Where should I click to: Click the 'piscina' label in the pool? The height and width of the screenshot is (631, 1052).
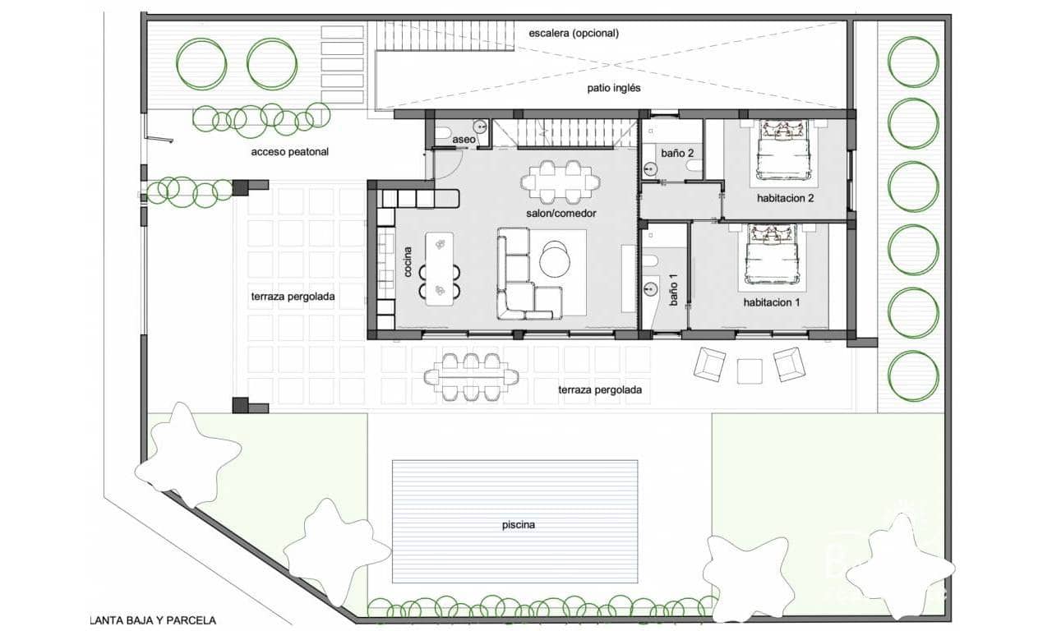[515, 525]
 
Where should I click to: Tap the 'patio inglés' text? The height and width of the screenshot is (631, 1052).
[613, 88]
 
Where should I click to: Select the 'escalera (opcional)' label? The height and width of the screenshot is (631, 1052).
[574, 34]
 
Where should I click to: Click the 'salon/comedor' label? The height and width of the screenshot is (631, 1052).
[561, 213]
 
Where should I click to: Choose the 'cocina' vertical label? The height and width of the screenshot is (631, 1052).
[408, 261]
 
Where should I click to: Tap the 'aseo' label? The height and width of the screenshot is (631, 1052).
[464, 140]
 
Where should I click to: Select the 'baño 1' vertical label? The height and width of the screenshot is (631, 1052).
[674, 289]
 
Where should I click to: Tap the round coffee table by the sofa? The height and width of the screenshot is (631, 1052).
[555, 260]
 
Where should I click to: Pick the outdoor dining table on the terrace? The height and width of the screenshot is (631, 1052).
[471, 377]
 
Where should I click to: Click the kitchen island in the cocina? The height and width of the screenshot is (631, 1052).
[441, 268]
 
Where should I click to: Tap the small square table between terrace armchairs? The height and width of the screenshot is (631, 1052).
[750, 371]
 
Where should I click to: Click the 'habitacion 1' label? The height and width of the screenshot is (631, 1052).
[772, 302]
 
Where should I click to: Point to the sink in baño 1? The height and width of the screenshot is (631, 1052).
[652, 288]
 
